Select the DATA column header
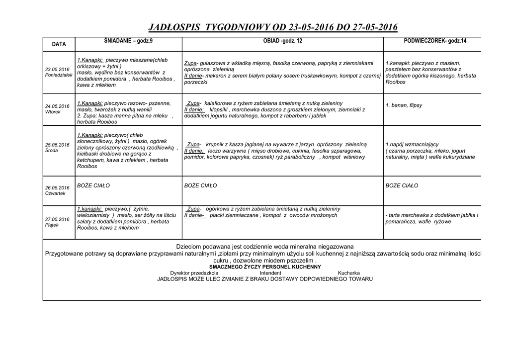(x=59, y=44)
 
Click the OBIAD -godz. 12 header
(x=282, y=40)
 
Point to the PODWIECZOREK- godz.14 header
(x=435, y=40)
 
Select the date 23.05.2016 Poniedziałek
(x=59, y=72)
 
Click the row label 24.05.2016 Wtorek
(x=57, y=109)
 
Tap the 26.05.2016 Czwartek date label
(x=57, y=190)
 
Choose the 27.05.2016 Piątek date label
(x=57, y=222)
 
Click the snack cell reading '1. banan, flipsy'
(x=404, y=106)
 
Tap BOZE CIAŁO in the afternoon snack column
(x=402, y=185)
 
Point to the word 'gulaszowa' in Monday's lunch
(x=211, y=63)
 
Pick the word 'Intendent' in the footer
(x=270, y=273)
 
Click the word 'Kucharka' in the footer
(x=349, y=273)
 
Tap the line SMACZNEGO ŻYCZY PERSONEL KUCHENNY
(x=265, y=267)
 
